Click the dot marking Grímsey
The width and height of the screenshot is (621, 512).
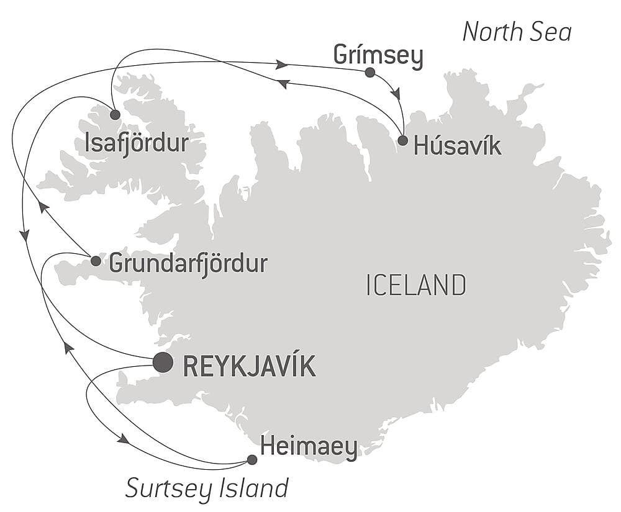(370, 73)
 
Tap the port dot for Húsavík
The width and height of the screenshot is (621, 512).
(402, 140)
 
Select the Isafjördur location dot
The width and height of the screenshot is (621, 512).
(115, 114)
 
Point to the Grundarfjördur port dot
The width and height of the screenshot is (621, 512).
(96, 261)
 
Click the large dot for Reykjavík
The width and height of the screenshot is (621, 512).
(163, 362)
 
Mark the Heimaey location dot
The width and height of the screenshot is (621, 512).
(252, 460)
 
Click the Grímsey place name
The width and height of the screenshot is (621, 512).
(378, 55)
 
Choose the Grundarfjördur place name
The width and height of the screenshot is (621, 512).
(188, 264)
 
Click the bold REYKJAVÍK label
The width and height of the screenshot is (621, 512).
(249, 366)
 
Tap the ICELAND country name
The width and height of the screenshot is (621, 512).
(416, 285)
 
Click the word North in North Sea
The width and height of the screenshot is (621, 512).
(492, 32)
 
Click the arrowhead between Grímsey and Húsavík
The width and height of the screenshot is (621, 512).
(396, 94)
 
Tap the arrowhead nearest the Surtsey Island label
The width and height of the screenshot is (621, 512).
(123, 439)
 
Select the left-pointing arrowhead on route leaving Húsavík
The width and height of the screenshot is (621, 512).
(283, 83)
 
